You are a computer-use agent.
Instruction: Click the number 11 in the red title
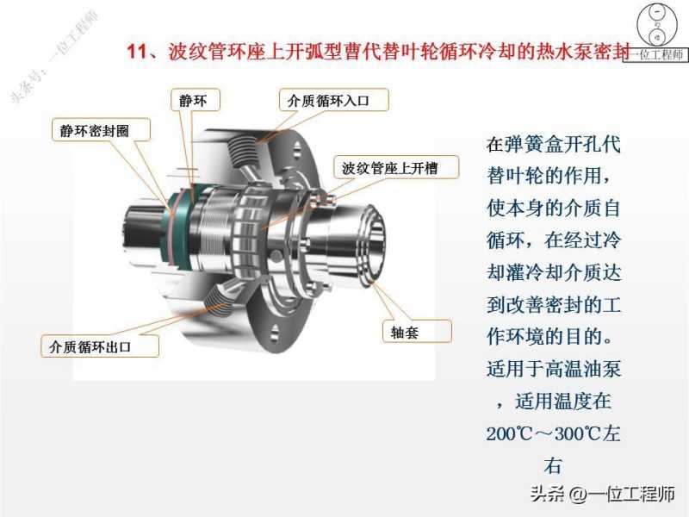pyautogui.click(x=137, y=52)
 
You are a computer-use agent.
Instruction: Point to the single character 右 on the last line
pyautogui.click(x=553, y=465)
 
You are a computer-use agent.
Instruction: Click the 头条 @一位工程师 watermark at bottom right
pyautogui.click(x=603, y=494)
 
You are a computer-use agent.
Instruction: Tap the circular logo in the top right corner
pyautogui.click(x=657, y=24)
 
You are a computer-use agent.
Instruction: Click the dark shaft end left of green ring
pyautogui.click(x=144, y=228)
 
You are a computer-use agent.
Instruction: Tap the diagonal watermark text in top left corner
pyautogui.click(x=53, y=57)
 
